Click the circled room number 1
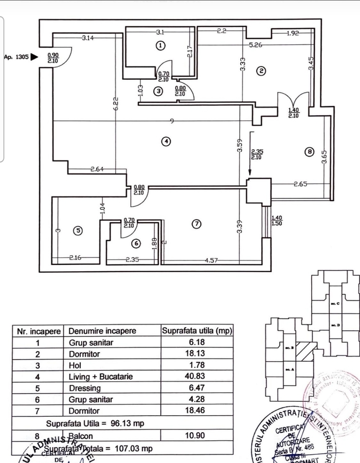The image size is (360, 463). [x=161, y=46]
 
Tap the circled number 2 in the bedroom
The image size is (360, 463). [x=261, y=71]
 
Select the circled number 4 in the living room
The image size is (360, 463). [x=165, y=141]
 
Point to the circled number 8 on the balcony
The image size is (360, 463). [x=308, y=152]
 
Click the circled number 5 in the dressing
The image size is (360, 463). [x=78, y=231]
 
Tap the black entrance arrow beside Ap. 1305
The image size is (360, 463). [x=34, y=57]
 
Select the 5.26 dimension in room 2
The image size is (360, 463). [x=256, y=45]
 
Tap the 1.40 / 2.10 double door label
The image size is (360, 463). [x=294, y=113]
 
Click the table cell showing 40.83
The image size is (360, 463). [x=195, y=377]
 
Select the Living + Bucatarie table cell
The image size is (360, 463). [x=101, y=377]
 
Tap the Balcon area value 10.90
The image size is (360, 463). [x=196, y=435]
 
